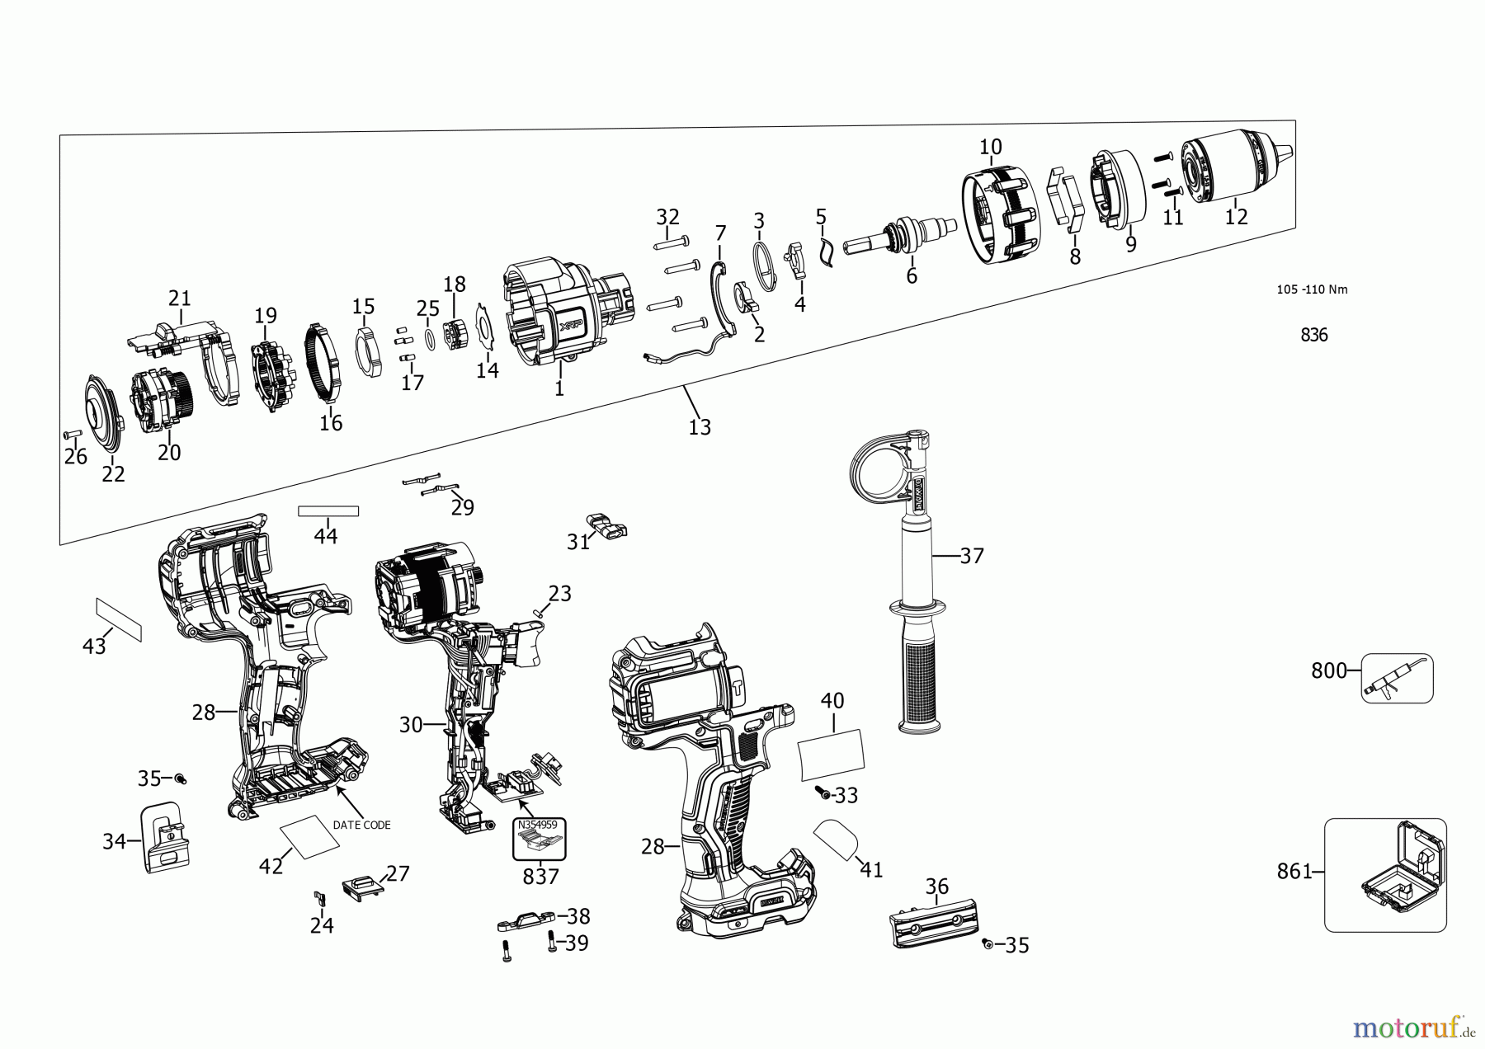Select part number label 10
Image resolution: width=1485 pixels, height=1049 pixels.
(990, 147)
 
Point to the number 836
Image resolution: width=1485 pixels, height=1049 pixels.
(1313, 335)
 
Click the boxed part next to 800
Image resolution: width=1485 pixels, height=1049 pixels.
(1396, 679)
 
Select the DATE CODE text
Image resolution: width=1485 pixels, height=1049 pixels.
(361, 825)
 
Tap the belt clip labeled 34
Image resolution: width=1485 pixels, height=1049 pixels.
(164, 837)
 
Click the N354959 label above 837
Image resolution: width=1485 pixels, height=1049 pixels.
(537, 825)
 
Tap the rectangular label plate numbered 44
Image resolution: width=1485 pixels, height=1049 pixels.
(328, 511)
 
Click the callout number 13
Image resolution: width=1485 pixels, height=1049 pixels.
(699, 427)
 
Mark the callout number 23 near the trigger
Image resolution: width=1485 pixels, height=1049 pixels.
(559, 594)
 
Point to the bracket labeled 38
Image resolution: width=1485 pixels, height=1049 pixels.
(526, 918)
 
